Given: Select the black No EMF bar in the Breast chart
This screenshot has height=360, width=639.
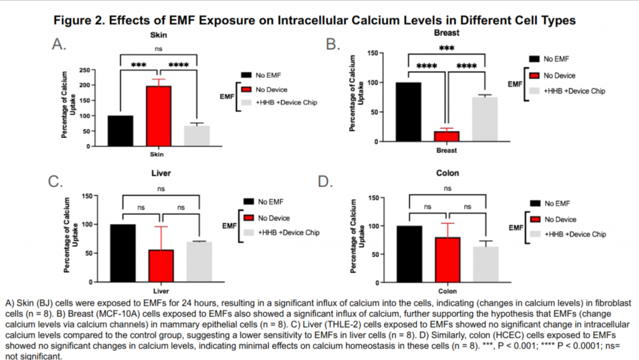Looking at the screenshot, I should pyautogui.click(x=409, y=112).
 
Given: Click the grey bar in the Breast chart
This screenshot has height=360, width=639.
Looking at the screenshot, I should pyautogui.click(x=485, y=119).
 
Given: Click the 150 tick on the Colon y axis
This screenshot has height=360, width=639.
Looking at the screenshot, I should pyautogui.click(x=381, y=198).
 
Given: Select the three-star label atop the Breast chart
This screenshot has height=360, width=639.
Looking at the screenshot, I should pyautogui.click(x=446, y=47).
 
